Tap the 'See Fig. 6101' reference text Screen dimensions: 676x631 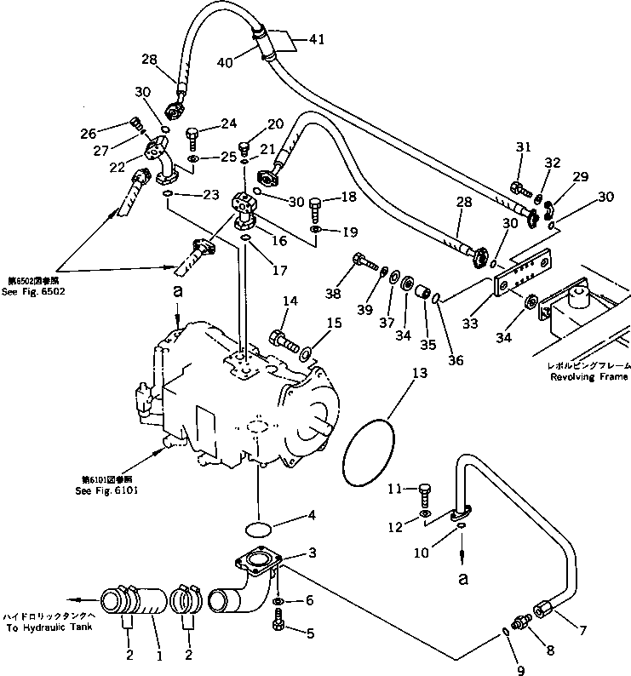(106, 490)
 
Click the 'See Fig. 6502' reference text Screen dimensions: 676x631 (34, 291)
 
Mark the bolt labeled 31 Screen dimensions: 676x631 (519, 188)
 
